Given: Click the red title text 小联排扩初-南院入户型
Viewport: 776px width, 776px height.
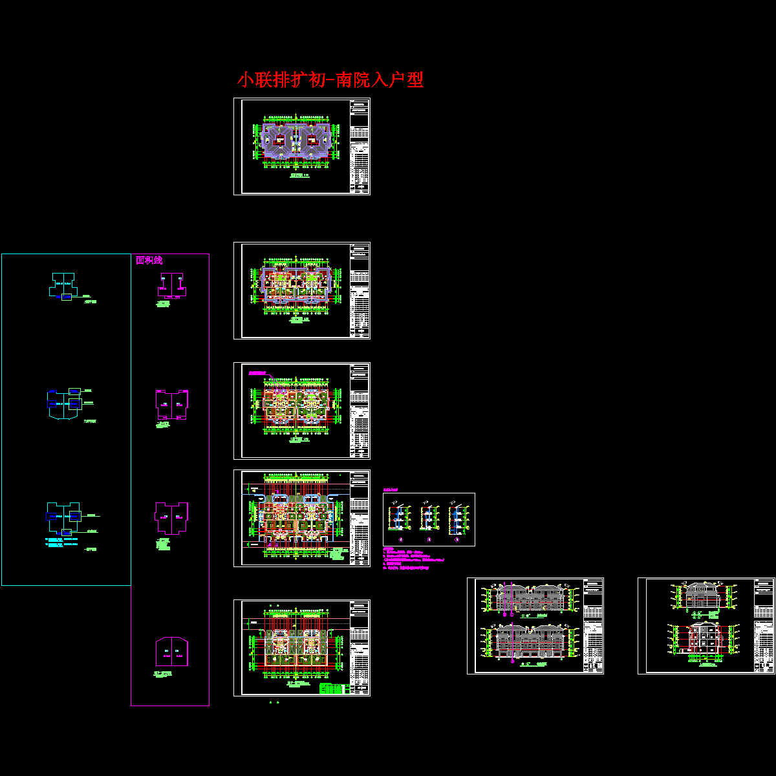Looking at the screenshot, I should (x=330, y=80).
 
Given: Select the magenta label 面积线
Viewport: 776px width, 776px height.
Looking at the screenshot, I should (x=149, y=260).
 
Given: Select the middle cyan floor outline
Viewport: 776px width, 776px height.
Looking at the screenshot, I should (x=63, y=403).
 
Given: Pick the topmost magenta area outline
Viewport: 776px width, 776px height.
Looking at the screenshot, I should (x=170, y=284).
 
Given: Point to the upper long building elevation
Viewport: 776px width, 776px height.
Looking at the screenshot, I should (x=529, y=598).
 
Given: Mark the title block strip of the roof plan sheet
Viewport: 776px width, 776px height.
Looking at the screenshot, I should (x=360, y=146).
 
